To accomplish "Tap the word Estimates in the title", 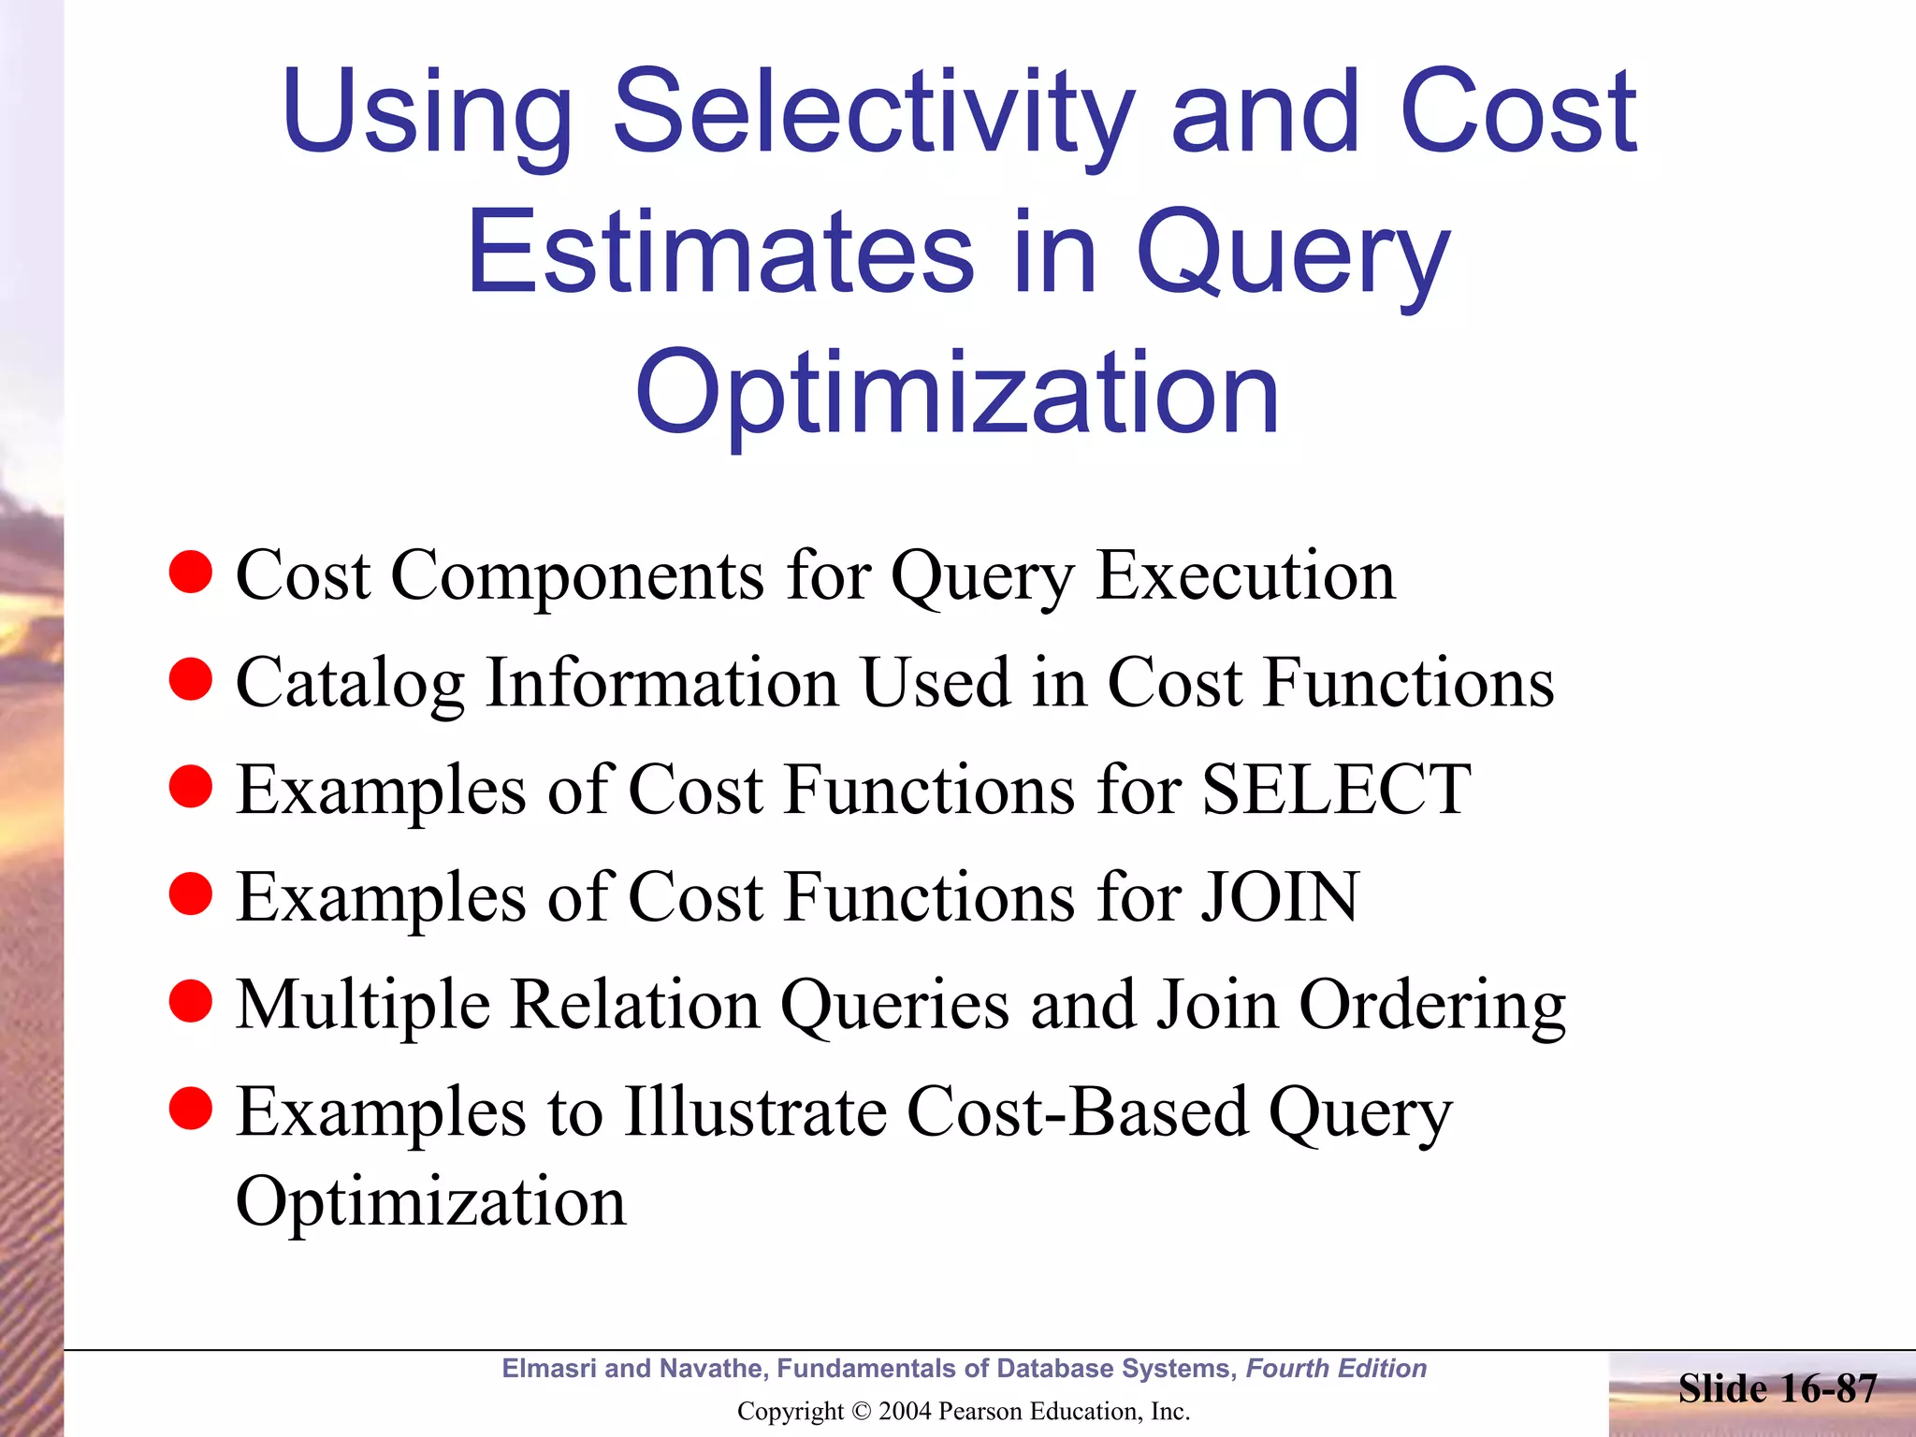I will click(x=720, y=253).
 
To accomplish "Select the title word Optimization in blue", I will click(x=956, y=393).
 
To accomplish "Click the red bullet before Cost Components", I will click(x=191, y=572).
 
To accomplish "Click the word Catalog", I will click(x=350, y=683).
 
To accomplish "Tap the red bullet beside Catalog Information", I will click(x=191, y=679).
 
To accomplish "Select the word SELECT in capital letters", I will click(x=1336, y=790).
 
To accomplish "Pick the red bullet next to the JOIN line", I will click(x=191, y=893).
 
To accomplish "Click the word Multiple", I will click(x=363, y=1006).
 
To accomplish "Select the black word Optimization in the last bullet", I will click(x=430, y=1202).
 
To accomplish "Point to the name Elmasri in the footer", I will click(x=549, y=1369).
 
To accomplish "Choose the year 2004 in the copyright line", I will click(x=905, y=1412).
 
